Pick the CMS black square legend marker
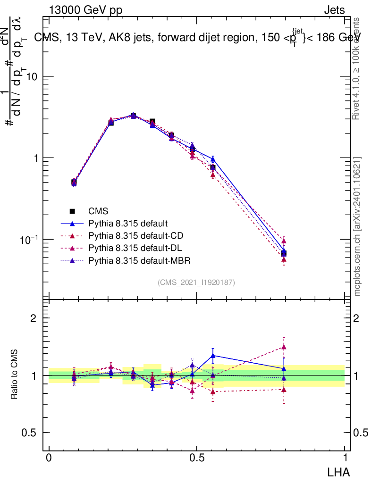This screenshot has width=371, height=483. (73, 211)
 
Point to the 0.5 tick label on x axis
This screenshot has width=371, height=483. (197, 458)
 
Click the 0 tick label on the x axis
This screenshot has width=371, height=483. (49, 458)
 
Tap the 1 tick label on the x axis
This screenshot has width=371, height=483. (345, 458)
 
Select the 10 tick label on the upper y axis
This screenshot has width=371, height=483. (33, 76)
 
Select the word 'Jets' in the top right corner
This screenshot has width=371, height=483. (334, 11)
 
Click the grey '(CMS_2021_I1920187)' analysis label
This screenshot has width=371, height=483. (196, 282)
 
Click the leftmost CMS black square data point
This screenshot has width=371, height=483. (74, 182)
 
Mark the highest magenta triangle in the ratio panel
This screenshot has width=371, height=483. (284, 347)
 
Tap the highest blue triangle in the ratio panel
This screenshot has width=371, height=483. (213, 356)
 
